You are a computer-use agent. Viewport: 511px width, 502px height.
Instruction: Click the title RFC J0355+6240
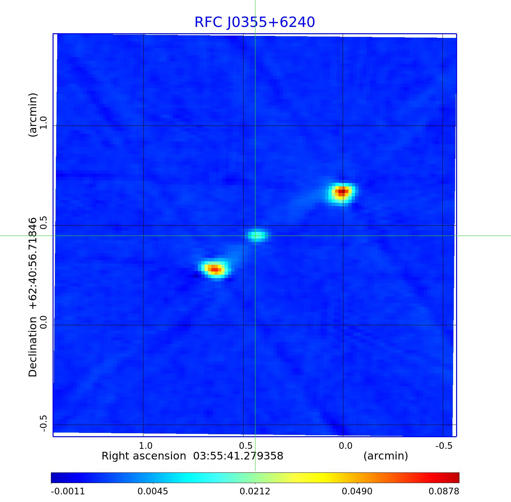pos(255,22)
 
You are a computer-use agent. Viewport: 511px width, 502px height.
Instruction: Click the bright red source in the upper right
pos(342,191)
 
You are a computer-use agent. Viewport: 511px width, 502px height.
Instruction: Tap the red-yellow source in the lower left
pos(215,269)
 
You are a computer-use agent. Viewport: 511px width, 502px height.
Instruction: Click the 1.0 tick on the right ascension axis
pos(145,446)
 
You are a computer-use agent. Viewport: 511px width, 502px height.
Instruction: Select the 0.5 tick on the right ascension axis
pos(245,446)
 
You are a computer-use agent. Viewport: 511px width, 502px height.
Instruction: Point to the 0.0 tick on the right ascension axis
pos(345,446)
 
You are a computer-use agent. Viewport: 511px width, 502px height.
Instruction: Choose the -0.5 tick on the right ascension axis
pos(444,446)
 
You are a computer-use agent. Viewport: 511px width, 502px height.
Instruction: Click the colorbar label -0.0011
pos(68,491)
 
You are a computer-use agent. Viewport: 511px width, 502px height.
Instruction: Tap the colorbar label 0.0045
pos(153,491)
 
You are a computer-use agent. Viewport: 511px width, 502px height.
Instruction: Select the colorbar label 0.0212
pos(255,491)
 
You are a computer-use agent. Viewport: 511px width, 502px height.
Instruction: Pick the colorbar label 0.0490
pos(357,491)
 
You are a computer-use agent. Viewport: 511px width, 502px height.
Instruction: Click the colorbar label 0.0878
pos(443,491)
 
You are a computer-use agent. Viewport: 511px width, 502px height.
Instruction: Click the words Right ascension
pos(144,456)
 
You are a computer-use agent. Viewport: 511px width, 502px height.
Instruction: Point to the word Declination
pos(33,347)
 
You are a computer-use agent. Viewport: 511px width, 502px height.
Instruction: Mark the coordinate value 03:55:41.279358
pos(238,456)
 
